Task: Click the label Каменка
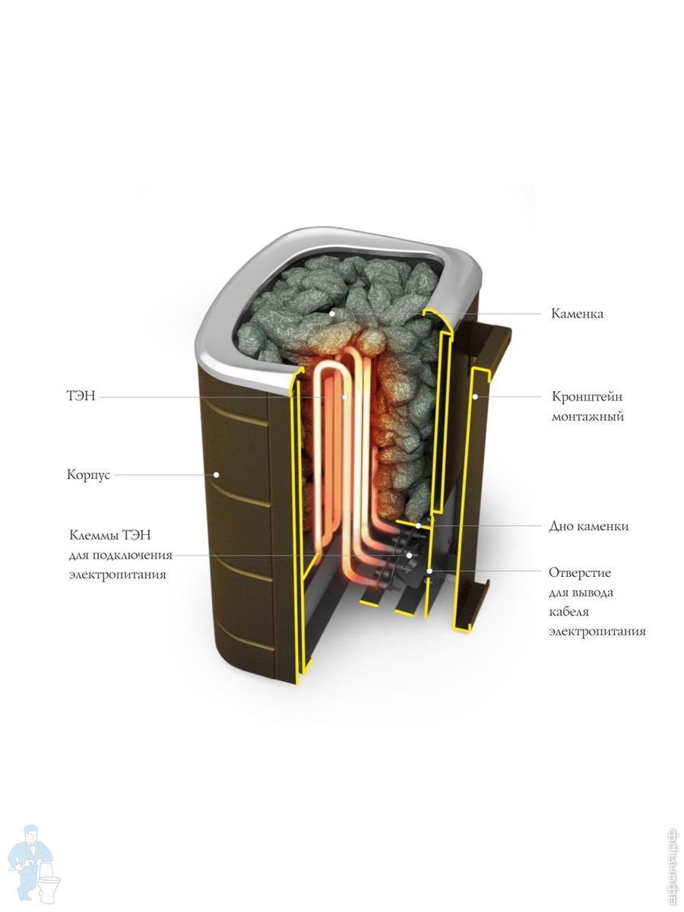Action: click(x=577, y=314)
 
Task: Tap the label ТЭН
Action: click(x=81, y=396)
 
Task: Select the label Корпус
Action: click(x=88, y=475)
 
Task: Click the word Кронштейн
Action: click(x=587, y=397)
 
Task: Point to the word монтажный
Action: click(x=587, y=416)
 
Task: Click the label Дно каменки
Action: click(x=588, y=527)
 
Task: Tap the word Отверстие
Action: click(x=580, y=572)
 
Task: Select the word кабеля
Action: click(x=569, y=612)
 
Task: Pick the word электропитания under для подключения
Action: click(x=118, y=575)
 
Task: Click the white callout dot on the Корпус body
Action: click(x=216, y=474)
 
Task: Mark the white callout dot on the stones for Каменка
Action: click(x=331, y=314)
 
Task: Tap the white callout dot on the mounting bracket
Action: click(x=476, y=397)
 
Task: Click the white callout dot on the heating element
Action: click(x=345, y=397)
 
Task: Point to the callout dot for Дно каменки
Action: click(x=418, y=526)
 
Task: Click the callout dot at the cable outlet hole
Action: click(x=429, y=571)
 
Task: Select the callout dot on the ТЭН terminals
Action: click(x=409, y=555)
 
